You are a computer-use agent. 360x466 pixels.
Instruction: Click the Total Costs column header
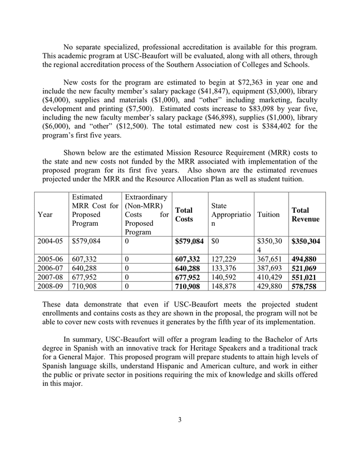[184, 214]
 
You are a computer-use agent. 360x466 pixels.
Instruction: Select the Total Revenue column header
[305, 214]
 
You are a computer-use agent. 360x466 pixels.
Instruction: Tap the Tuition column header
[268, 214]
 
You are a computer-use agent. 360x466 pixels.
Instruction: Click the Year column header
[45, 214]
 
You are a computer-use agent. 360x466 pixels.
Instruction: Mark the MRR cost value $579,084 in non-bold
[87, 241]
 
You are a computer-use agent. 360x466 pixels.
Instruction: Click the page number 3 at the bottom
[179, 420]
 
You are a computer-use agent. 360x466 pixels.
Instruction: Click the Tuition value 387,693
[270, 268]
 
